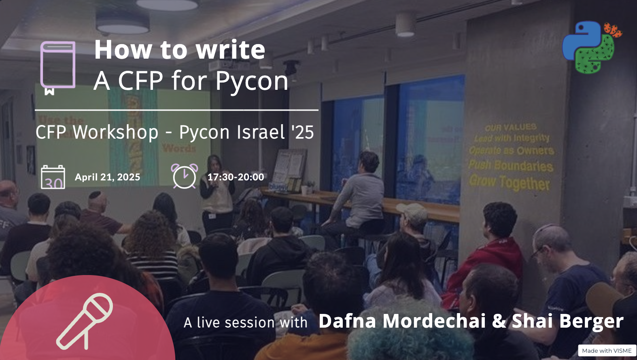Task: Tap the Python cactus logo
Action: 591,47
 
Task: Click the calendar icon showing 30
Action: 53,177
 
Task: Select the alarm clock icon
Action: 185,176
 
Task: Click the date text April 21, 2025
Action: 108,177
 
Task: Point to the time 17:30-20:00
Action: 236,177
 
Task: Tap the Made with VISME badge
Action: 607,351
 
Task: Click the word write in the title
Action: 230,50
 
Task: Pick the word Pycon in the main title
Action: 252,81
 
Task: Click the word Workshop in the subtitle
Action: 115,132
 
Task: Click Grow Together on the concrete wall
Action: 510,182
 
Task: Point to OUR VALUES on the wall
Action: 511,128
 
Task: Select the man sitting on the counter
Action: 362,194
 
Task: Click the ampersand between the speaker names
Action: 499,321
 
